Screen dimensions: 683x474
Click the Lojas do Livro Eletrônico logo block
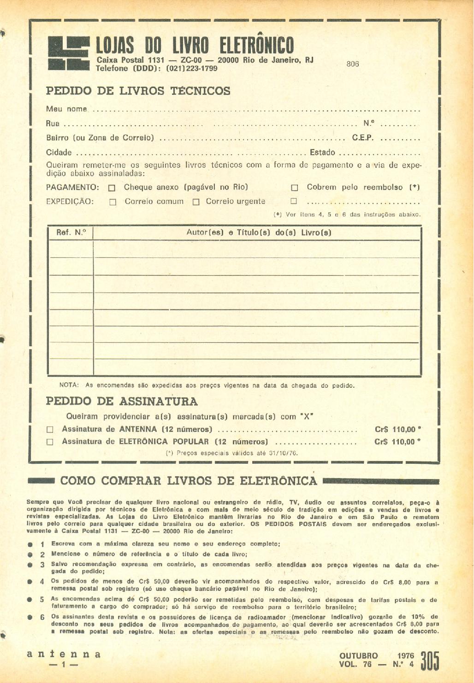69,53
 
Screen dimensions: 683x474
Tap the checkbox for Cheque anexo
112,188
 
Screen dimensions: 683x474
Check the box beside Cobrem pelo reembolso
295,188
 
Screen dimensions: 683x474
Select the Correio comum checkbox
113,202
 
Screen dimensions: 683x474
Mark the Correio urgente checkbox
196,202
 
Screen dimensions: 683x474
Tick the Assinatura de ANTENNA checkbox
50,430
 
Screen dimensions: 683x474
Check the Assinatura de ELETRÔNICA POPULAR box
50,442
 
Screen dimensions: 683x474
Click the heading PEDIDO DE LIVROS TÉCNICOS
138,91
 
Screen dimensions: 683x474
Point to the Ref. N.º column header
71,233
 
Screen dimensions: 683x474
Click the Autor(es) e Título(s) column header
259,233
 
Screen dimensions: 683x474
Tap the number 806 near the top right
353,64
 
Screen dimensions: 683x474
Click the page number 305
430,661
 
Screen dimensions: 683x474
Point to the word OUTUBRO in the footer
358,656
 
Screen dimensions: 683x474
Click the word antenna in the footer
64,654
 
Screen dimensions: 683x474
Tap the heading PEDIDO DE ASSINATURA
122,401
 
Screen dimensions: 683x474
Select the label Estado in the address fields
322,152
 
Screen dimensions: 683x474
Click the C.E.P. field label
363,138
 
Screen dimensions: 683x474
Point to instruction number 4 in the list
42,582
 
